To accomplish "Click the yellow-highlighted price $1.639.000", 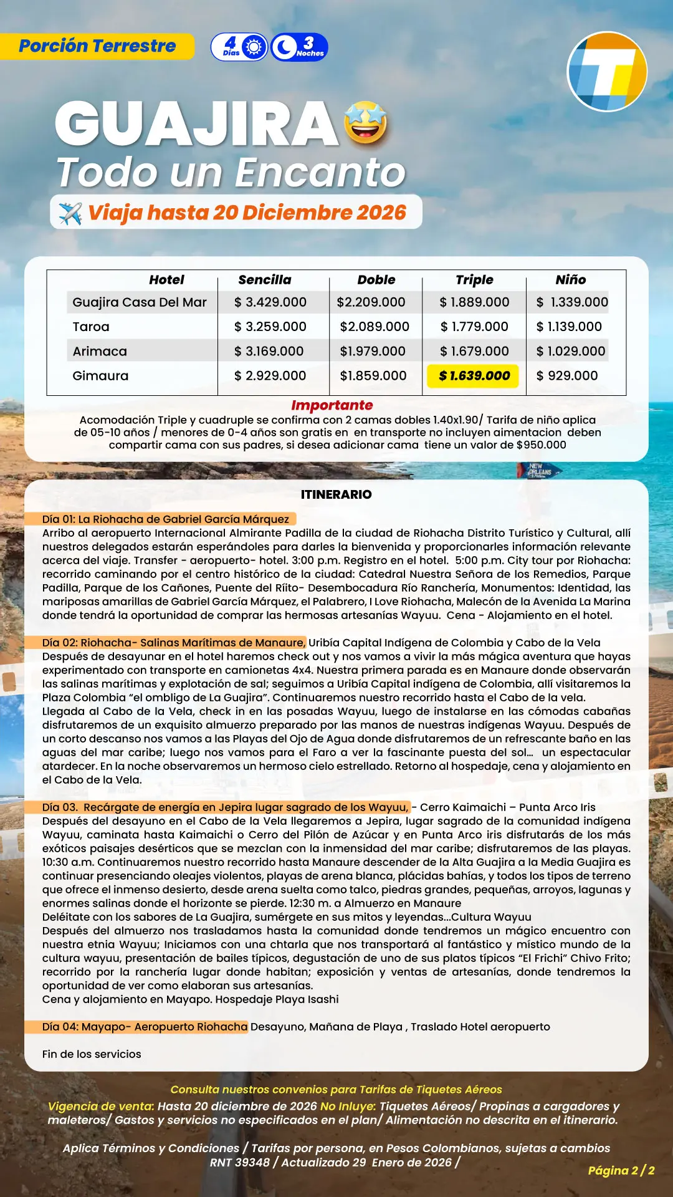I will tap(474, 376).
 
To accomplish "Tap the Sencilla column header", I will tap(265, 280).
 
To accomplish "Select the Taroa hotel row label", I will tap(91, 327).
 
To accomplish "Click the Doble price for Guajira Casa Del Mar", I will tap(371, 302).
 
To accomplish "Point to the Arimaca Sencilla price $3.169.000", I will tap(269, 352).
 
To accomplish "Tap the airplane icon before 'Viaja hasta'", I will tap(70, 213).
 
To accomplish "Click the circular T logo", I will tap(607, 72).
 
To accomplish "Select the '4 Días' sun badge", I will tap(240, 47).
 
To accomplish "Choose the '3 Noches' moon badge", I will tap(300, 47).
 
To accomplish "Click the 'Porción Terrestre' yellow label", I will tap(97, 46).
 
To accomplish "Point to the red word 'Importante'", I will tap(332, 405).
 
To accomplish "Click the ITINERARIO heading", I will tap(336, 494).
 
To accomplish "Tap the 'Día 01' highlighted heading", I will tap(166, 519).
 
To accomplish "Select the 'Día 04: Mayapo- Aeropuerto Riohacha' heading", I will tap(145, 1027).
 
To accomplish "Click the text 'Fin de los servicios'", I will tap(92, 1054).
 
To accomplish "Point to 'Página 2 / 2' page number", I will tap(621, 1170).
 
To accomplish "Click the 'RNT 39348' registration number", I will tap(240, 1163).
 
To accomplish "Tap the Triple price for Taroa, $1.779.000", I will tap(474, 327).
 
